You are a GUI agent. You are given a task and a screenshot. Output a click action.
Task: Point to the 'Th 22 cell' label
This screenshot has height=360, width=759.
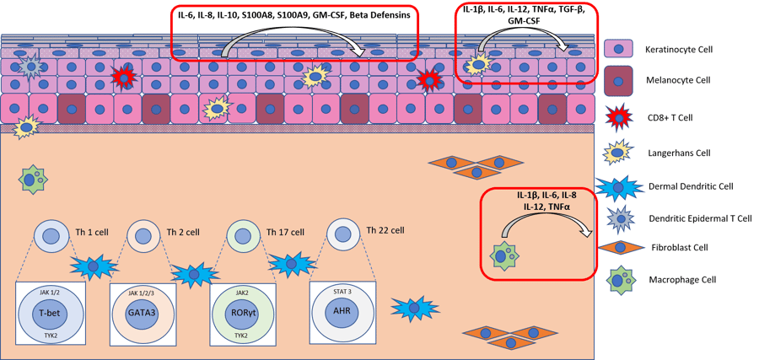coord(385,230)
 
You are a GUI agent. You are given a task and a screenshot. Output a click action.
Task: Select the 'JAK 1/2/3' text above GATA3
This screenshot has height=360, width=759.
coord(143,292)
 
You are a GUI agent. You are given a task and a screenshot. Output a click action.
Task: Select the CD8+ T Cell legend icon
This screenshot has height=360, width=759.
coord(620,118)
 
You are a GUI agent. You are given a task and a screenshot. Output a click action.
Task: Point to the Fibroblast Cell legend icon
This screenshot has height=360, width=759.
coord(620,247)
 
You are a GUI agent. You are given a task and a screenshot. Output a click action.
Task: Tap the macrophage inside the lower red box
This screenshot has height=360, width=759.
coord(503,254)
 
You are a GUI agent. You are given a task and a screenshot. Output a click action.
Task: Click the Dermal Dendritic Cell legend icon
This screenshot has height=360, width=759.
coord(620,185)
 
